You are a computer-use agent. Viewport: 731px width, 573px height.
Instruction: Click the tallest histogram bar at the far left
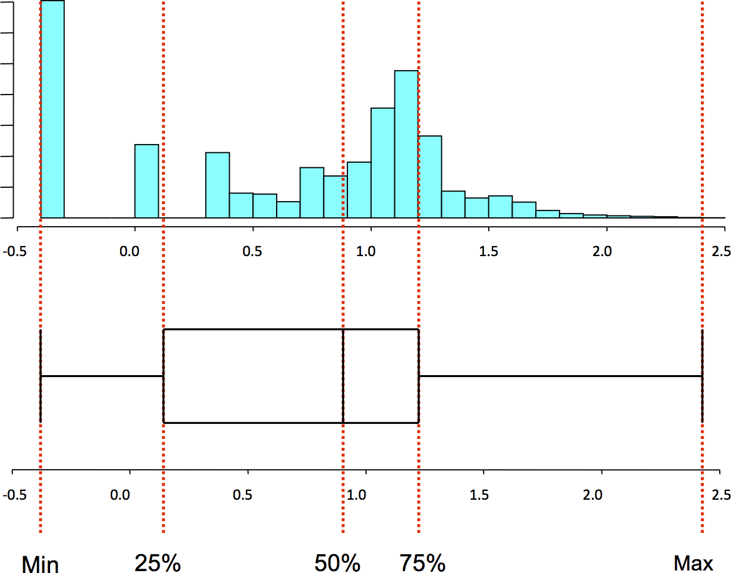click(52, 109)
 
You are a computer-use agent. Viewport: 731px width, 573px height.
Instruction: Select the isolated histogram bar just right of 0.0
click(146, 181)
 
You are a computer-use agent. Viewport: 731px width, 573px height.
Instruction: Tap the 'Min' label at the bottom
click(41, 564)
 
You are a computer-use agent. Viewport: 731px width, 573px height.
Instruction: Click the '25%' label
click(158, 562)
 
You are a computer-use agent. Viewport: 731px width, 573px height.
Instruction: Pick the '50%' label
click(337, 562)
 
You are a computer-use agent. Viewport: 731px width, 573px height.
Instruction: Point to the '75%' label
click(423, 562)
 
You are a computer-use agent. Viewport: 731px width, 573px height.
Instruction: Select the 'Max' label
click(693, 562)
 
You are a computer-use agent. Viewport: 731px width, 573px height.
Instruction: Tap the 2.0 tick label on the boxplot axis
click(592, 495)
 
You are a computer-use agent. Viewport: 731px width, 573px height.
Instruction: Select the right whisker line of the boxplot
click(560, 376)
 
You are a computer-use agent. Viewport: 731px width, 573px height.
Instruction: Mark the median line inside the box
click(343, 376)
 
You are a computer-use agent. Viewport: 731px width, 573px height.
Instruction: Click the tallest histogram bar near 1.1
click(406, 144)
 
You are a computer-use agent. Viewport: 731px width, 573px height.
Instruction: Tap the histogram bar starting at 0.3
click(217, 185)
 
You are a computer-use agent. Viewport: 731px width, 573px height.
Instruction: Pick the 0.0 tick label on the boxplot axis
click(120, 495)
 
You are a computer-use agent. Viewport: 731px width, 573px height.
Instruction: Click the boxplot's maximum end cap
click(702, 376)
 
